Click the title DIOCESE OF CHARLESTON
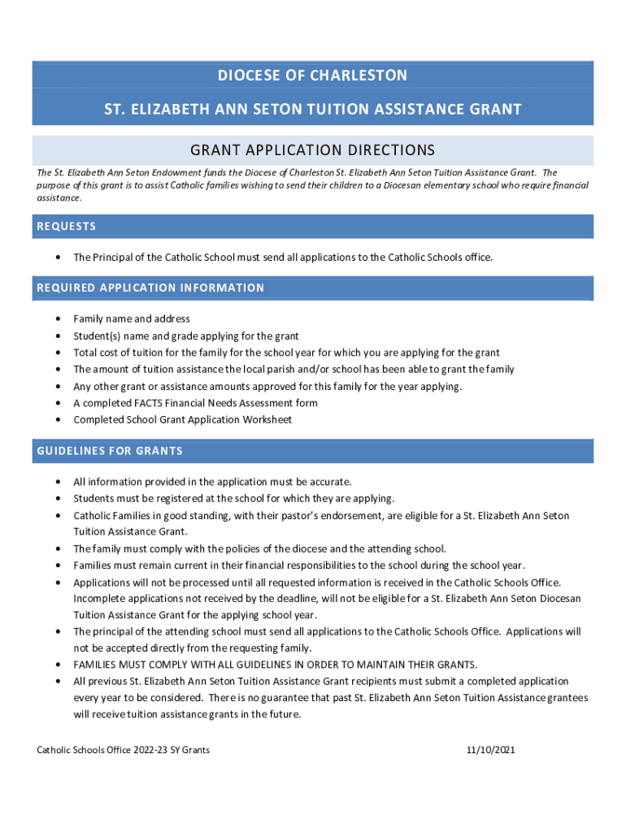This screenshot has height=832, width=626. (312, 76)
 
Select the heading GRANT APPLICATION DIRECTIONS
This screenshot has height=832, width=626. (312, 150)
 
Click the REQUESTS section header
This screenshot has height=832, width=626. (67, 226)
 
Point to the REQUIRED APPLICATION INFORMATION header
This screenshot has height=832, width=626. (150, 288)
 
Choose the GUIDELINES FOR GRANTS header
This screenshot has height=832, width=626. (110, 451)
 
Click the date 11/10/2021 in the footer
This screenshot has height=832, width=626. (486, 750)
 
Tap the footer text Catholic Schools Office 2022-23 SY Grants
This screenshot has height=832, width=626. (124, 750)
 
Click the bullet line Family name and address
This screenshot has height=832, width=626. (132, 319)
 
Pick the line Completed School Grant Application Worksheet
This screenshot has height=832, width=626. (182, 420)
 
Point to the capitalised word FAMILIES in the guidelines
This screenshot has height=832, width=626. (97, 665)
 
